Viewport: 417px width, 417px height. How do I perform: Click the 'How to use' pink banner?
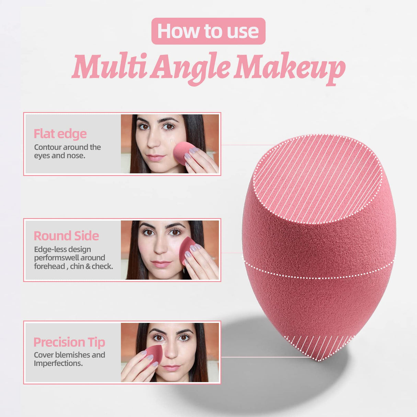click(208, 31)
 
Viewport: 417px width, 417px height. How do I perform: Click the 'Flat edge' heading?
click(60, 134)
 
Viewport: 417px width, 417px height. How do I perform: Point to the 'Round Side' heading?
click(66, 236)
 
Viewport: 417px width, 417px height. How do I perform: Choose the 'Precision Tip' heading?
click(69, 342)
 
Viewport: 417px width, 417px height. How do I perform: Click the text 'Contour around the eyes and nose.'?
click(67, 151)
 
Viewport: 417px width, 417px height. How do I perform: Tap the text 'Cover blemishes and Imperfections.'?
click(69, 359)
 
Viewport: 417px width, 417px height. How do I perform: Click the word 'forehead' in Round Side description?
click(49, 266)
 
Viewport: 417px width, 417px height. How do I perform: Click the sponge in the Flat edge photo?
click(183, 152)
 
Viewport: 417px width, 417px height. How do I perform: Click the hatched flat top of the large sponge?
click(317, 179)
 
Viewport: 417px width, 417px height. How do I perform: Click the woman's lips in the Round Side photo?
click(161, 264)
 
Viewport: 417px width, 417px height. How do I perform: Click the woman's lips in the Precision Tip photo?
click(171, 368)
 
